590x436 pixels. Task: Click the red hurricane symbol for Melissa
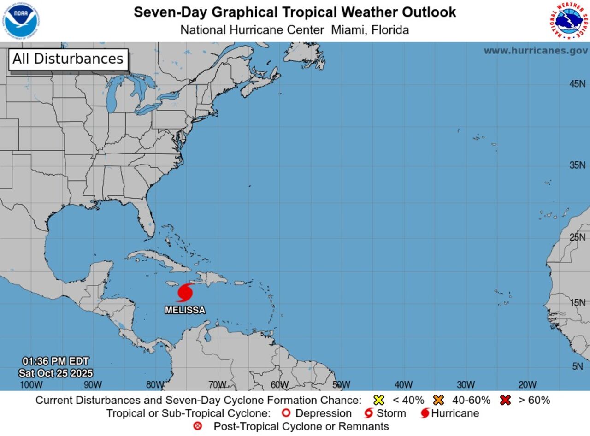[x=185, y=293]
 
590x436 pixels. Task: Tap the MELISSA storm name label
[x=185, y=310]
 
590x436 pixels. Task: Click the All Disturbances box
[x=68, y=59]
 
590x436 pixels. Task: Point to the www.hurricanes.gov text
[x=536, y=51]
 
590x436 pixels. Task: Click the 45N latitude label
[x=577, y=84]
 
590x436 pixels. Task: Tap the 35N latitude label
[x=577, y=165]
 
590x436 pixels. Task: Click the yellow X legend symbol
[x=379, y=400]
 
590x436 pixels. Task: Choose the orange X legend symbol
[x=438, y=400]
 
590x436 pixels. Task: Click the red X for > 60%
[x=506, y=400]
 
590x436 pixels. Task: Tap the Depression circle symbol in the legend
[x=286, y=413]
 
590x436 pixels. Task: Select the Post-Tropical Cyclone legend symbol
[x=198, y=426]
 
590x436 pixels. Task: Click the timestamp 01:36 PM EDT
[x=55, y=361]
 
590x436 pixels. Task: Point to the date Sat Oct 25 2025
[x=55, y=373]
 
